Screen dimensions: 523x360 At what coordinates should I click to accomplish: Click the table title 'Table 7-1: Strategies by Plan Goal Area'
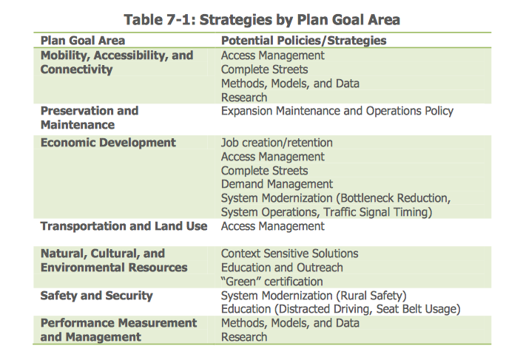coord(262,20)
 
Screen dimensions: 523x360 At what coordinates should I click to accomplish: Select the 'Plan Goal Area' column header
coord(83,41)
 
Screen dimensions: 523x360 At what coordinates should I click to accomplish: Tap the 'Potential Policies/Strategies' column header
coord(304,41)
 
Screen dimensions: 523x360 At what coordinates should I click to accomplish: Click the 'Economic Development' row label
coord(108,143)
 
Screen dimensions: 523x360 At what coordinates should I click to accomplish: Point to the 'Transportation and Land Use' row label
coord(124,226)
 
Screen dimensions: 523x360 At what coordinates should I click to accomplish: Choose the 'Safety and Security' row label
coord(97,296)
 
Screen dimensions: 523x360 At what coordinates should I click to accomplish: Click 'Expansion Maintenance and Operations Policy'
coord(337,111)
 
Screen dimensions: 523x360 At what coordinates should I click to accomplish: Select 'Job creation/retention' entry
coord(277,143)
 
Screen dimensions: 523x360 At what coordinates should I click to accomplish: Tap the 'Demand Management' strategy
coord(277,184)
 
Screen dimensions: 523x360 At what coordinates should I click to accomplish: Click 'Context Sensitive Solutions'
coord(289,254)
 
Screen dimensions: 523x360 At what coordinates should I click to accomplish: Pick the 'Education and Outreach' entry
coord(282,268)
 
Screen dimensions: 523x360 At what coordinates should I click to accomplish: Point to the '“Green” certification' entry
coord(271,282)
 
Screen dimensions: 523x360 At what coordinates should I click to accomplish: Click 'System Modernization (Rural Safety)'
coord(314,296)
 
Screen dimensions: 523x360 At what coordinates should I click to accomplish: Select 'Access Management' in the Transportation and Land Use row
coord(273,226)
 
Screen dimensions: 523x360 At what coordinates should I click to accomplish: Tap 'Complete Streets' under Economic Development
coord(265,171)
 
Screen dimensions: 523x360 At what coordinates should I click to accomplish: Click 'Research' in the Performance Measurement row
coord(244,337)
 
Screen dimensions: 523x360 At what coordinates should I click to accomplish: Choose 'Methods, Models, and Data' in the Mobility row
coord(290,84)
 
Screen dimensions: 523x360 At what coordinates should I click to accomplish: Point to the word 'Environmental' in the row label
coord(83,268)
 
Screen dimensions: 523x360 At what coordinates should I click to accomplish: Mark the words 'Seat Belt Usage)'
coord(418,309)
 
